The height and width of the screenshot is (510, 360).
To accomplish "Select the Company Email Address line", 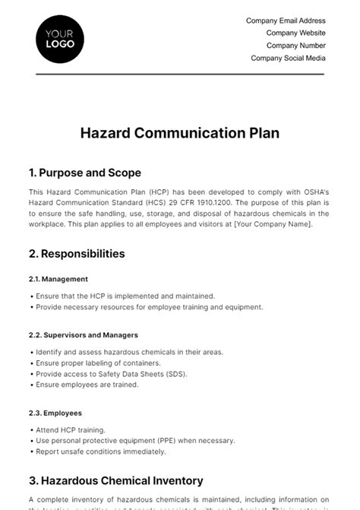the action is (x=286, y=21).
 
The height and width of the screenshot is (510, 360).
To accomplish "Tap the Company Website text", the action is (x=295, y=33).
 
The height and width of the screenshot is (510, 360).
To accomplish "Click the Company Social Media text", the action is (x=288, y=58).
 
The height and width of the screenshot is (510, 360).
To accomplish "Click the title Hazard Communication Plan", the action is (x=180, y=133).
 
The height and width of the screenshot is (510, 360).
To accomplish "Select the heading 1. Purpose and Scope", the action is (x=85, y=173).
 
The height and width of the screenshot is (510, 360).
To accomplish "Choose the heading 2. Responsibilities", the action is (x=77, y=254).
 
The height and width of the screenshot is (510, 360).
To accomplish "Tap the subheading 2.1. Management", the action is (x=58, y=279).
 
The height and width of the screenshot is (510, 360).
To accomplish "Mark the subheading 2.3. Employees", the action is (x=55, y=413).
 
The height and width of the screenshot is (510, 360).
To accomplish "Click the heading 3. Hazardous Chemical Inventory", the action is (x=116, y=480).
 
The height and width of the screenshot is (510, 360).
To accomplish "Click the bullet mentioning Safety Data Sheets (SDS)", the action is (x=111, y=374).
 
